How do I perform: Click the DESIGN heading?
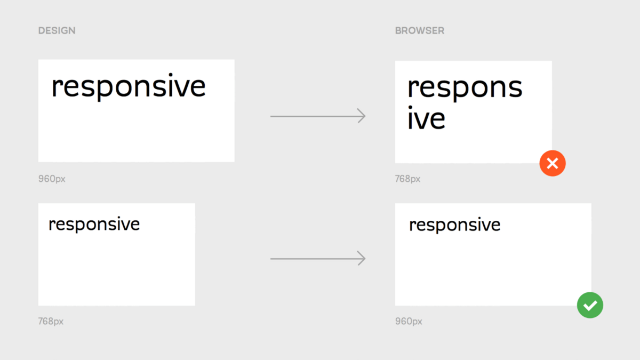57,30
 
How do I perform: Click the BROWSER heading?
419,30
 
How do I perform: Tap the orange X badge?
553,163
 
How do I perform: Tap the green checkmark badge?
590,305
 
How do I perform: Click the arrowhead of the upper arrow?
362,116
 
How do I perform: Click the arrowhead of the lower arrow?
362,259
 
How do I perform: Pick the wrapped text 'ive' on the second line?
426,118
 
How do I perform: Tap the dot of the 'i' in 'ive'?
411,108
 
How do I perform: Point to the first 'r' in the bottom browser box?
412,226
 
